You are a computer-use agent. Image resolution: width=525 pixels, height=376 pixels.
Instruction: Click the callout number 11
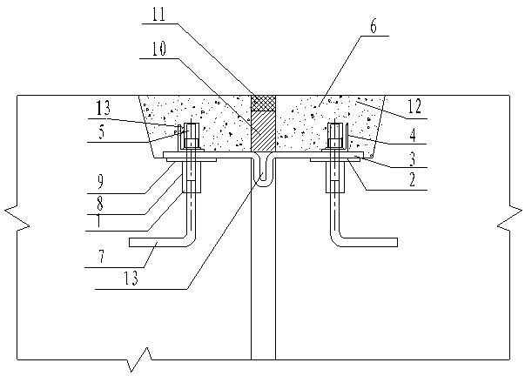[159, 16]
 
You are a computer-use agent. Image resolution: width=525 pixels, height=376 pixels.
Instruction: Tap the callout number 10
[159, 50]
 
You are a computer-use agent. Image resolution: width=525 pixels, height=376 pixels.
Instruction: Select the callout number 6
[374, 26]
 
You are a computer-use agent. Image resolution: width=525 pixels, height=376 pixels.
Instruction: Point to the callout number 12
[414, 106]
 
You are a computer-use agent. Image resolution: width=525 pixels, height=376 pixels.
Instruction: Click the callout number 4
[413, 136]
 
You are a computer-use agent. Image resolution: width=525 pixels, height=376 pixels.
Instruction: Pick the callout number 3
[413, 158]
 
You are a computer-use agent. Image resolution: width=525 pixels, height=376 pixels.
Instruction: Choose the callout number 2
[412, 180]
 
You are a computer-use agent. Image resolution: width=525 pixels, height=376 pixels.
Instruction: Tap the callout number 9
[100, 181]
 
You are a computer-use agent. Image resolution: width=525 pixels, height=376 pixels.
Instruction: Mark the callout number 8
[100, 204]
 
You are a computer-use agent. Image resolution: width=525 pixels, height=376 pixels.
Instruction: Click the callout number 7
[102, 257]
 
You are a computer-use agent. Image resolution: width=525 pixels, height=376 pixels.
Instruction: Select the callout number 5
[102, 131]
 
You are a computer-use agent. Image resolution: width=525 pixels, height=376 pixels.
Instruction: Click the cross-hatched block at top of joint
[263, 103]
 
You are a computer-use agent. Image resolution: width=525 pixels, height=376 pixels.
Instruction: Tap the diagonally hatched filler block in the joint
[263, 131]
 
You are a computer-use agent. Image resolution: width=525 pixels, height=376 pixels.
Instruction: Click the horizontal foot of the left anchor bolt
[158, 243]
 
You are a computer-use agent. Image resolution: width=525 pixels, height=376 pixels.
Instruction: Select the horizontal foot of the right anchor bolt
[368, 243]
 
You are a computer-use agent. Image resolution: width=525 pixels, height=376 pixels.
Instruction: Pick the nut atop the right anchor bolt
[335, 131]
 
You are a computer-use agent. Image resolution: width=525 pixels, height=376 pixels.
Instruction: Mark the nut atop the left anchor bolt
[192, 131]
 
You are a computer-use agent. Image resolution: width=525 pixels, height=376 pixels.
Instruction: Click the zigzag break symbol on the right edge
[509, 218]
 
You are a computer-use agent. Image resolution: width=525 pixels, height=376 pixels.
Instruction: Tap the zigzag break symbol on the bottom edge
[140, 359]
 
